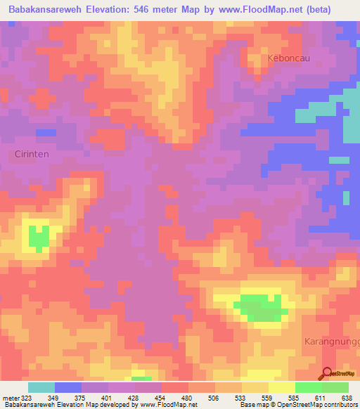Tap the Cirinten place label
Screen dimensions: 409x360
[x=32, y=154]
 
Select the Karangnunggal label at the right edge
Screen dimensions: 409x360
[x=333, y=341]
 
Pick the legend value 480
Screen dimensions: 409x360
[x=188, y=397]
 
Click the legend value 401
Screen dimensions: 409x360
[x=108, y=397]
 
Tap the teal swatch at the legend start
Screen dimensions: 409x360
[x=41, y=387]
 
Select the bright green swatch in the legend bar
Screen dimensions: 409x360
[x=308, y=387]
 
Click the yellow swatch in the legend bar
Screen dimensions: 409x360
[x=281, y=387]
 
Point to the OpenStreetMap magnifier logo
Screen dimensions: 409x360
[x=327, y=374]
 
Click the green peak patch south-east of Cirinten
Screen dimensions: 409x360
[x=39, y=237]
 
